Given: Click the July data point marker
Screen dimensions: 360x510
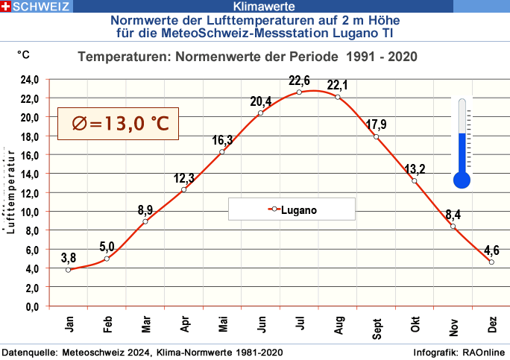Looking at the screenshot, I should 299,92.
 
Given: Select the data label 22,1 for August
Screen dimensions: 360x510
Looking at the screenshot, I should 338,84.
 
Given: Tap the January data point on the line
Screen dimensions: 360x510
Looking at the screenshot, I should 69,270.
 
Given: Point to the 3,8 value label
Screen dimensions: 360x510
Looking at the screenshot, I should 68,258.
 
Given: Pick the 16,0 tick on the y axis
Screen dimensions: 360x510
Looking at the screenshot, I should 29,155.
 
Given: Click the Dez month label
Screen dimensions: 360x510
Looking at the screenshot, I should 492,325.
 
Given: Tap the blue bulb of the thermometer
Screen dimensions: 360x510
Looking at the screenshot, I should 462,180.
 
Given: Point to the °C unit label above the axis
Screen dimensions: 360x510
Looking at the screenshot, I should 24,55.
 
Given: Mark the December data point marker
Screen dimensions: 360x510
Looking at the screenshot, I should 491,262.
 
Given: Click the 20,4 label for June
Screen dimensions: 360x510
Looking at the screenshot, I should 261,101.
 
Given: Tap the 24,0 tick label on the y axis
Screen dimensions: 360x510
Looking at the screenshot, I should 29,80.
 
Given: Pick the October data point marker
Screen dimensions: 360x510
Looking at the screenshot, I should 415,181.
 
